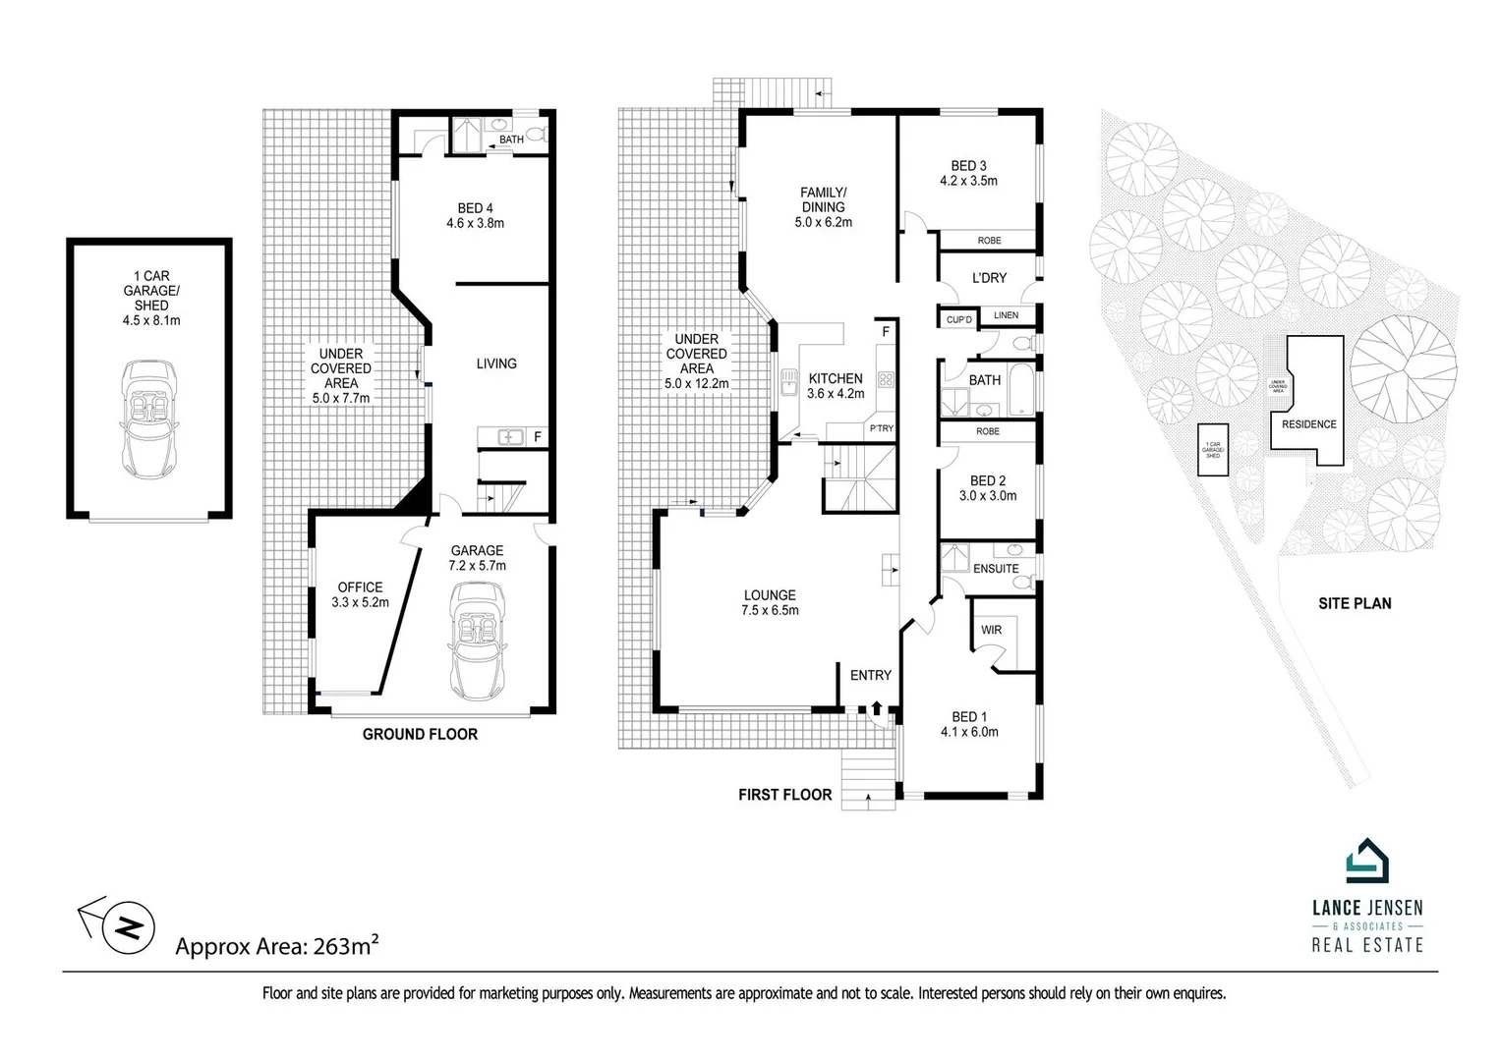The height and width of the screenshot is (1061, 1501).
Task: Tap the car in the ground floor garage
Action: [x=477, y=641]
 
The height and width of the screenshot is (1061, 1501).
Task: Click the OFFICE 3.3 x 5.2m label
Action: [x=360, y=594]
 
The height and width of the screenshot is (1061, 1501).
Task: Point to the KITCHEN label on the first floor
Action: [x=836, y=378]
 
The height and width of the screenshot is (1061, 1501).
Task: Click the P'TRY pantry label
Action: [x=881, y=428]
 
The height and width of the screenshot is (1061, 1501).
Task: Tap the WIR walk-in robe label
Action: [x=991, y=630]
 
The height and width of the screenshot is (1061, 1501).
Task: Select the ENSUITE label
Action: [x=996, y=569]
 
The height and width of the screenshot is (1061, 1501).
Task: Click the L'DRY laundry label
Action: [x=989, y=278]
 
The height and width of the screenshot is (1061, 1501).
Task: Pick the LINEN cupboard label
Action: [x=1006, y=315]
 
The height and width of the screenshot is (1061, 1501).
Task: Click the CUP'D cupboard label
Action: [x=958, y=319]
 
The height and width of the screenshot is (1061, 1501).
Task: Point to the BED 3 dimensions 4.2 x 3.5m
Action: [x=968, y=181]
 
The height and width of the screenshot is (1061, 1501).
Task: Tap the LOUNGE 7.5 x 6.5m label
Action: [x=770, y=602]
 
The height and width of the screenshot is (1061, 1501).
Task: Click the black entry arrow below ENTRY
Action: [x=876, y=707]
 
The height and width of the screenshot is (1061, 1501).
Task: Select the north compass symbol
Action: [x=128, y=926]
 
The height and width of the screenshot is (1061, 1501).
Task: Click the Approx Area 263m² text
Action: [x=276, y=946]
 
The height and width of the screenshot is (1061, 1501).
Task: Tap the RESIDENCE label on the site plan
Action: [x=1308, y=424]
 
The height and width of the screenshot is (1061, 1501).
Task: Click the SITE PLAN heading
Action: [x=1355, y=603]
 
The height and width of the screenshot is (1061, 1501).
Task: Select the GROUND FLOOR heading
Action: [x=420, y=734]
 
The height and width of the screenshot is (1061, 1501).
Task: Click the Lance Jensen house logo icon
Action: [x=1366, y=862]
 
